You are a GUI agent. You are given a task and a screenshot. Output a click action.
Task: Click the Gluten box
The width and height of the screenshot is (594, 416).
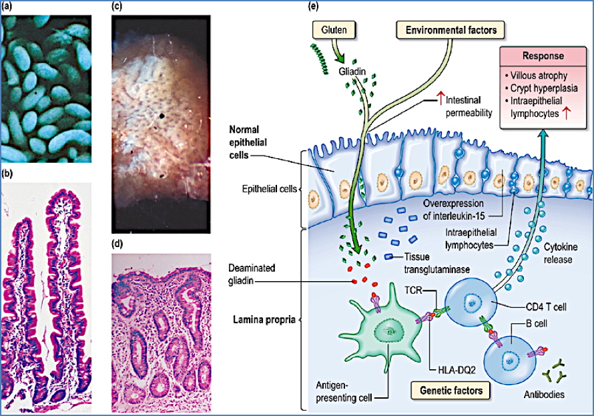tap(334, 31)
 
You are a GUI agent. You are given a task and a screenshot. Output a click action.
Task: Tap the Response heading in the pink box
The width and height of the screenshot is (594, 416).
tap(540, 57)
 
